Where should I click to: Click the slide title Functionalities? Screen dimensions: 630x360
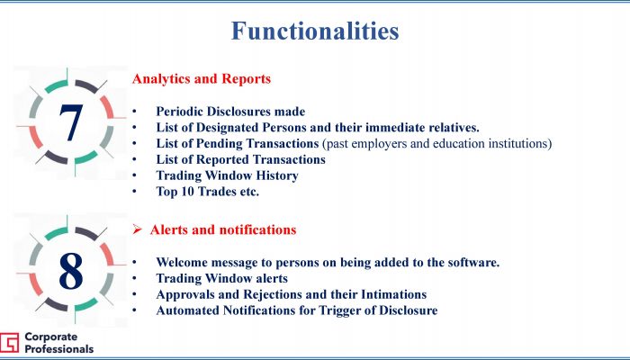point(315,31)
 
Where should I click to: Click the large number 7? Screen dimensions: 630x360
point(71,122)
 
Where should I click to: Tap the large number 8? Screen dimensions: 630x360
point(71,270)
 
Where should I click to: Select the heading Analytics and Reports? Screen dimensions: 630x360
point(202,79)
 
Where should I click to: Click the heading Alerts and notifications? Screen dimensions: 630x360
point(223,229)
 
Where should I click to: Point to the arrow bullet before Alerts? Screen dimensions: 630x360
point(138,229)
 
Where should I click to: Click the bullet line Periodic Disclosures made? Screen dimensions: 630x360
point(230,112)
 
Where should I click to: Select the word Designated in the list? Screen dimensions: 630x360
point(228,128)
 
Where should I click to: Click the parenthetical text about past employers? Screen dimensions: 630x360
point(437,143)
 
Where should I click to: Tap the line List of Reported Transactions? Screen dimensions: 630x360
point(240,159)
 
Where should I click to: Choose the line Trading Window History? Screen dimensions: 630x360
point(227,175)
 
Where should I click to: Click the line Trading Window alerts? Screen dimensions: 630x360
point(221,278)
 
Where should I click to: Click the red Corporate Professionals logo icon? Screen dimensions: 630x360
point(9,343)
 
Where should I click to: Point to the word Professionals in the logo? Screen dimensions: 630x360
point(59,349)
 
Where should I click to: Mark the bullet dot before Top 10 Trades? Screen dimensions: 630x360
point(134,192)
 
